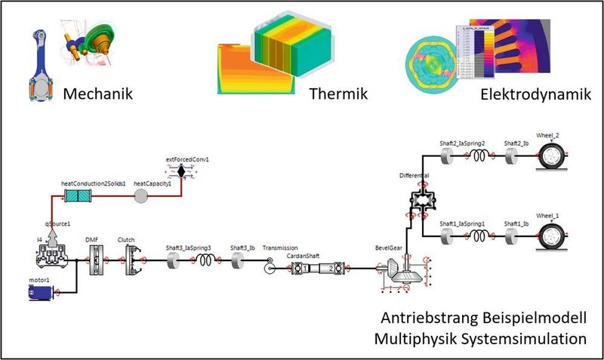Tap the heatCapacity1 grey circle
click(x=142, y=196)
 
